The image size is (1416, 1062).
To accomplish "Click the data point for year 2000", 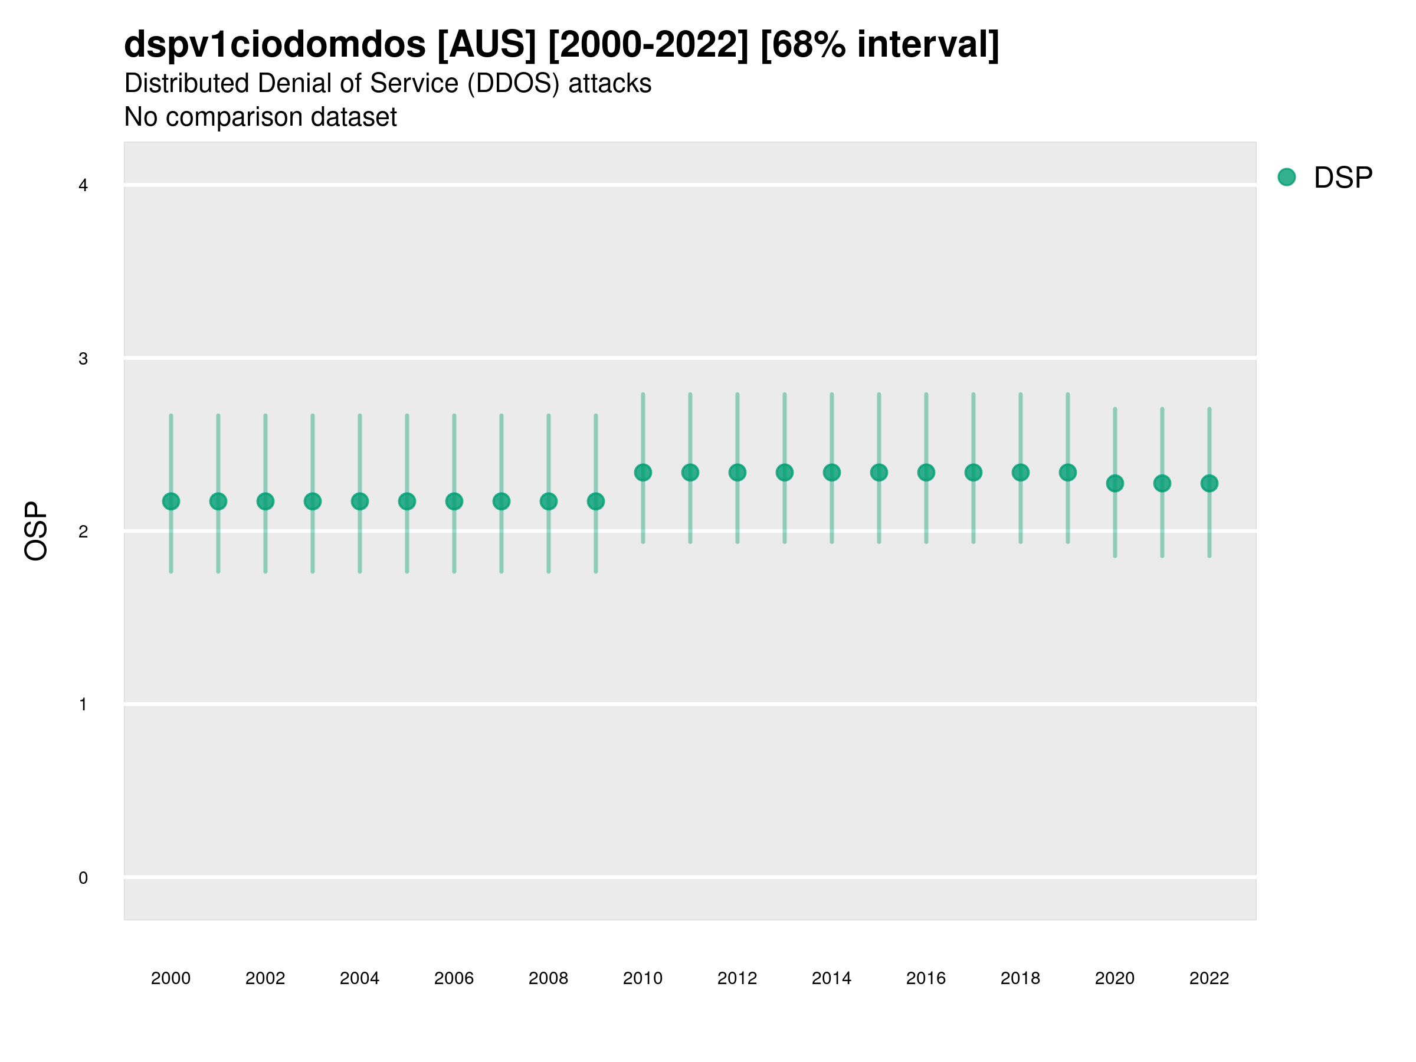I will [171, 501].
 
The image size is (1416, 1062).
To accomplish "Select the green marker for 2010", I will [643, 473].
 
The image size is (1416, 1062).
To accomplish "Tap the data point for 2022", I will [1209, 483].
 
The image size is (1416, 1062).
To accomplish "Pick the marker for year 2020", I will [1115, 483].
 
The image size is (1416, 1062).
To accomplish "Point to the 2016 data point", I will [926, 473].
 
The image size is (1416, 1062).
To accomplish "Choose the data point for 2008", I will [549, 501].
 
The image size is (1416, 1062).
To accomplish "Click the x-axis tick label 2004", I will [360, 978].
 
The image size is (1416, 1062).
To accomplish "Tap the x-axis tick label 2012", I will [737, 978].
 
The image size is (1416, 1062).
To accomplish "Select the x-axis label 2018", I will [1020, 978].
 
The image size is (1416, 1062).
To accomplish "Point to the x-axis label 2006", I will [454, 978].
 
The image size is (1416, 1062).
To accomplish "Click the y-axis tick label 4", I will [83, 186].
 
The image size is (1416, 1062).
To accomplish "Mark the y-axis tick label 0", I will [83, 878].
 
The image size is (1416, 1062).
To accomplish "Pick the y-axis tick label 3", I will [83, 359].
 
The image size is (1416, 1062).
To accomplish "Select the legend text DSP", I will [1343, 178].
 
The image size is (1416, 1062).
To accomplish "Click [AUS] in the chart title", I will [487, 45].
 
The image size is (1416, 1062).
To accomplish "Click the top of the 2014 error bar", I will [831, 395].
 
